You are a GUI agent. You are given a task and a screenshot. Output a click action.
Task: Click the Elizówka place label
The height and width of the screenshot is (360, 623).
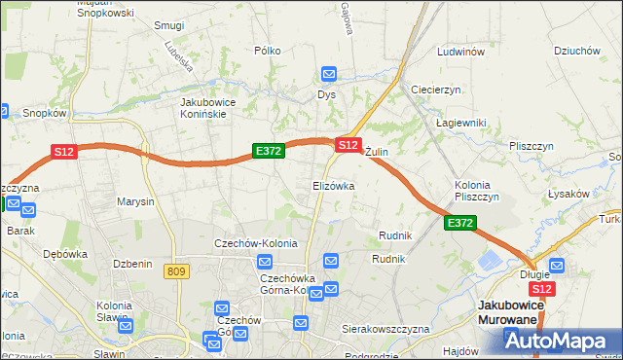[x=333, y=185]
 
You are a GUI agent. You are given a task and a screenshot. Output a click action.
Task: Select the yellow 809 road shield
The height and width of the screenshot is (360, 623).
[x=176, y=271]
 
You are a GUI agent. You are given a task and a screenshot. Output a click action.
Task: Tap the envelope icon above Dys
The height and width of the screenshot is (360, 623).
[x=328, y=74]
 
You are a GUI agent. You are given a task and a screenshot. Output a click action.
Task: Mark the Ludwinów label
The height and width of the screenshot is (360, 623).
[x=461, y=52]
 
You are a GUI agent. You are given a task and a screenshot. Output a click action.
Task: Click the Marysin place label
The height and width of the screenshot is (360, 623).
[x=135, y=202]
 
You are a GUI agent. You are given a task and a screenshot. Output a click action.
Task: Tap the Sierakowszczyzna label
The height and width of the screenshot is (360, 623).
[x=385, y=329]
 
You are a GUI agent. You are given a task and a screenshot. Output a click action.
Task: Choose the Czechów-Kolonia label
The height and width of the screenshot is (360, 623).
[x=256, y=243]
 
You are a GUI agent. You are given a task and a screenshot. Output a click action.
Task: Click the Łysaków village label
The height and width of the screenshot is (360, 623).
[x=569, y=194]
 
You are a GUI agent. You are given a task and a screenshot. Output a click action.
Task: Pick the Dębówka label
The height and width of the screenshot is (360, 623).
[x=65, y=253]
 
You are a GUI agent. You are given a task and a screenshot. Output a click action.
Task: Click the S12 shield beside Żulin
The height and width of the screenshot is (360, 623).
[x=348, y=144]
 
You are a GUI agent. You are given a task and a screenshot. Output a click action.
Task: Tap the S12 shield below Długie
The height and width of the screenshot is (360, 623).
[x=543, y=289]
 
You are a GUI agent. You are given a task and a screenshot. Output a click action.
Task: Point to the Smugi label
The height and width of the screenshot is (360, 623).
[x=169, y=25]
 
